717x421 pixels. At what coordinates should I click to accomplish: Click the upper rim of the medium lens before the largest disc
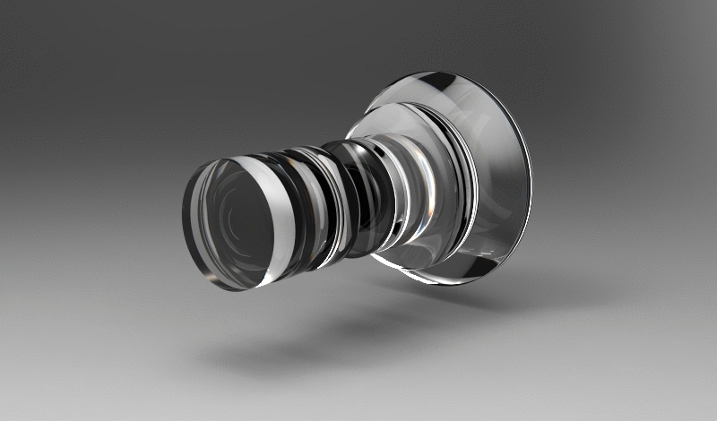pyautogui.click(x=403, y=114)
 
